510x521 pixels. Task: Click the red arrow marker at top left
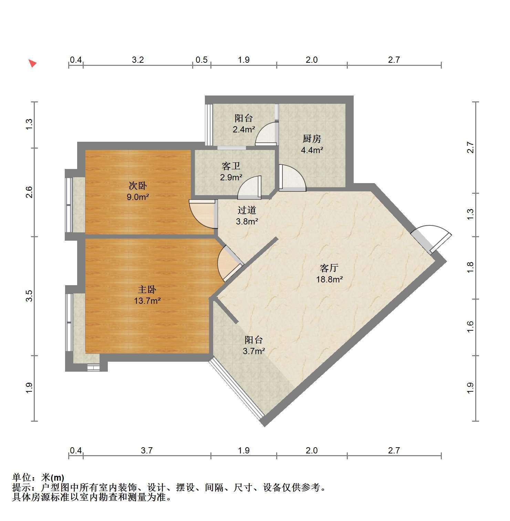(33, 63)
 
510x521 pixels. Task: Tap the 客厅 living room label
(329, 268)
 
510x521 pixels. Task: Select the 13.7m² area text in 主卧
(147, 301)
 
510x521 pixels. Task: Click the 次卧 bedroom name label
(138, 186)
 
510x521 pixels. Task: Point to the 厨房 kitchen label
(312, 139)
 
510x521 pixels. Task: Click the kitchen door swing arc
(292, 178)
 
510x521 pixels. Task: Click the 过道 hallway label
(247, 210)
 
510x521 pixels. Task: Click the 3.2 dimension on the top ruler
(138, 60)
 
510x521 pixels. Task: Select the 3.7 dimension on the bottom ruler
(147, 450)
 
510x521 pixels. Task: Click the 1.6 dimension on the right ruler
(470, 327)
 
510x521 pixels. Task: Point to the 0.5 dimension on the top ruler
(201, 60)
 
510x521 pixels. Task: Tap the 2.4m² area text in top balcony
(244, 130)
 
